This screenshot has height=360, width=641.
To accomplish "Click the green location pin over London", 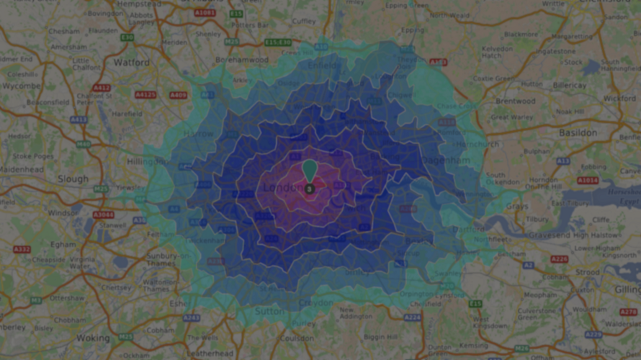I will (x=310, y=170).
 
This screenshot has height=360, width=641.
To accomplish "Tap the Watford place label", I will (x=132, y=63).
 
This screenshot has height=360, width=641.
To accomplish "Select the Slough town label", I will (x=73, y=179).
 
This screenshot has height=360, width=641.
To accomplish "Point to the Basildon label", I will (x=578, y=133).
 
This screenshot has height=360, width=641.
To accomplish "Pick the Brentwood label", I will (x=516, y=102).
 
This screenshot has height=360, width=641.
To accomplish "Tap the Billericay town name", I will (x=570, y=85).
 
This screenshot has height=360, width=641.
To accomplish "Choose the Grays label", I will (x=516, y=206).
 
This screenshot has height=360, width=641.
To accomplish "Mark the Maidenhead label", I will (x=22, y=168).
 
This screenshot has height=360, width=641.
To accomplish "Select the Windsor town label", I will (x=64, y=213).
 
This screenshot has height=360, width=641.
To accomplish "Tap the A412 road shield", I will (x=102, y=88).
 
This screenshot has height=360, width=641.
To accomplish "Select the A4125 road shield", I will (x=145, y=94).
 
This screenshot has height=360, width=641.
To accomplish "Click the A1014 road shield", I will (x=588, y=180).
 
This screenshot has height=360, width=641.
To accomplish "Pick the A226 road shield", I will (x=559, y=259).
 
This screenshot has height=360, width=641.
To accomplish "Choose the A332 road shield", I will (x=22, y=249).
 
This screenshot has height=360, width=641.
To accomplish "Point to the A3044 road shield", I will (x=103, y=215).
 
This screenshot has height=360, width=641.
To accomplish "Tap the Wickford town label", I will (x=619, y=97).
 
